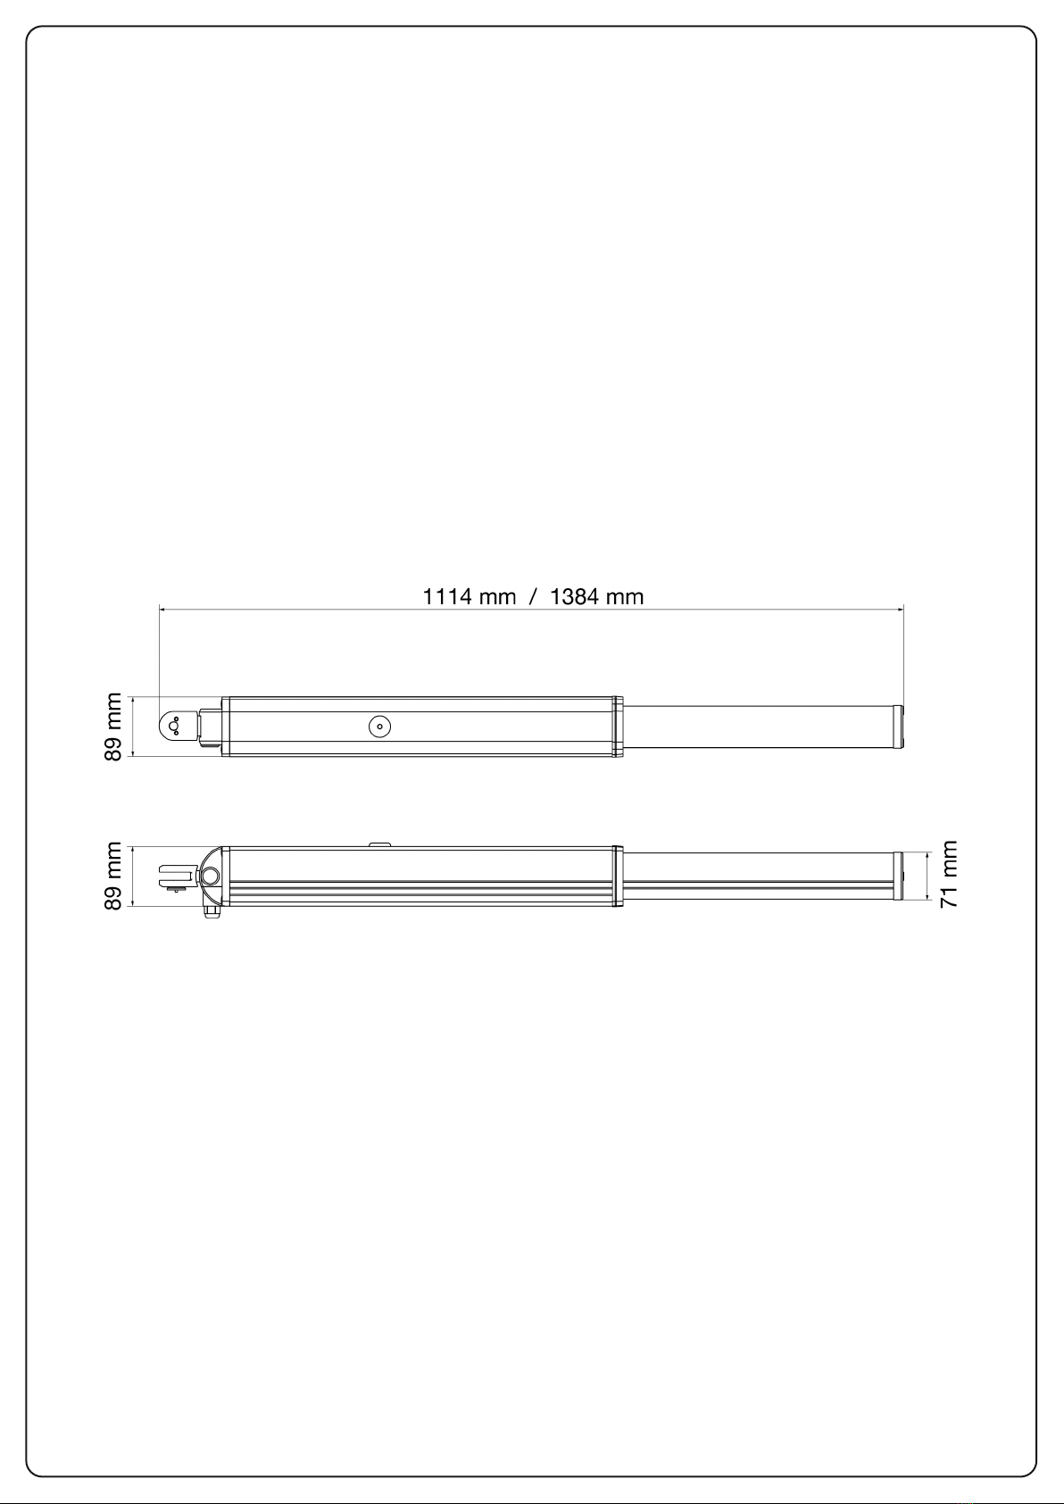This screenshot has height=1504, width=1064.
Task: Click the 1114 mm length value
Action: coord(469,596)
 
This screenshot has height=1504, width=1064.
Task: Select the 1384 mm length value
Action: coord(597,596)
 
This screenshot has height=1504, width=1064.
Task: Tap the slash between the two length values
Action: coord(533,596)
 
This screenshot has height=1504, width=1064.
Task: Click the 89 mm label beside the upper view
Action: coord(113,727)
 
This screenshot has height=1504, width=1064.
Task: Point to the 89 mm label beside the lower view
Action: coord(113,876)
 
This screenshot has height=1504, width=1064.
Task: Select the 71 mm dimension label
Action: coord(949,875)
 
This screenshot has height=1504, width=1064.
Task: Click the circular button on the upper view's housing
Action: coord(380,727)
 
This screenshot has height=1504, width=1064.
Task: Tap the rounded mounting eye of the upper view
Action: coord(172,726)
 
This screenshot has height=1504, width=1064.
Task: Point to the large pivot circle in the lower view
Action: coord(210,876)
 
